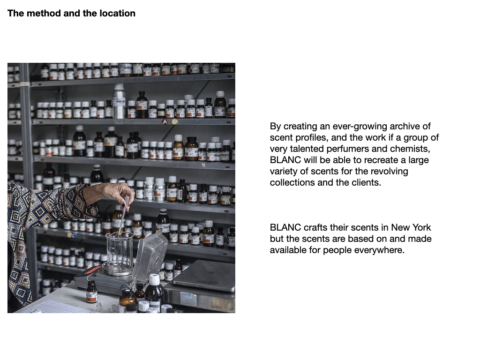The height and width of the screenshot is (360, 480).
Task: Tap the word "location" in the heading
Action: [117, 13]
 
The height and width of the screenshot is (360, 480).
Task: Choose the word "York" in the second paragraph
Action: [421, 227]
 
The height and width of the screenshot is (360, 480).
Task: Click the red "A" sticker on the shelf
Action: [165, 122]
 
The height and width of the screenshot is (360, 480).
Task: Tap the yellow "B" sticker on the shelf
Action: [174, 121]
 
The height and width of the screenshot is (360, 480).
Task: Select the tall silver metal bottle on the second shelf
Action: [119, 101]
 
